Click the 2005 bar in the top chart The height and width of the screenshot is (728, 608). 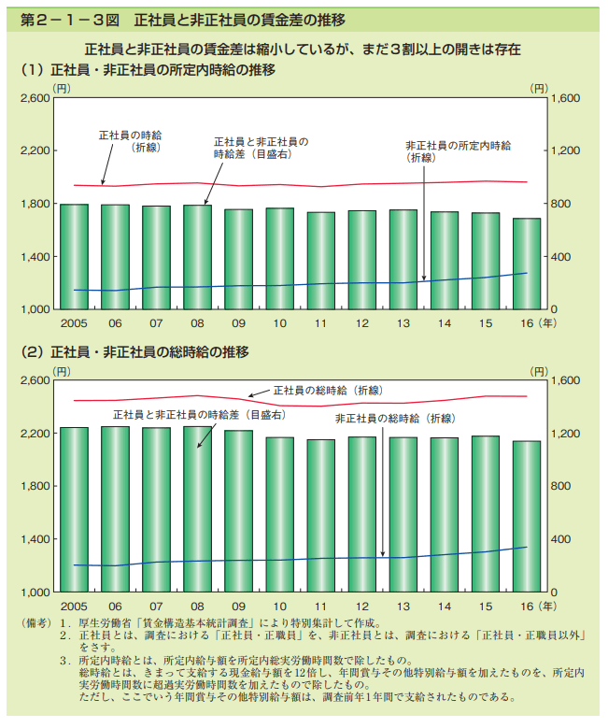[74, 256]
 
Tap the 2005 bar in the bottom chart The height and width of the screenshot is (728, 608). [74, 509]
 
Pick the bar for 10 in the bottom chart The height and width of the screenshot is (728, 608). [279, 514]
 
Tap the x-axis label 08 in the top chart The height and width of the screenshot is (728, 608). [197, 323]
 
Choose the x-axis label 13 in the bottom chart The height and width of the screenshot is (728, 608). [403, 607]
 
